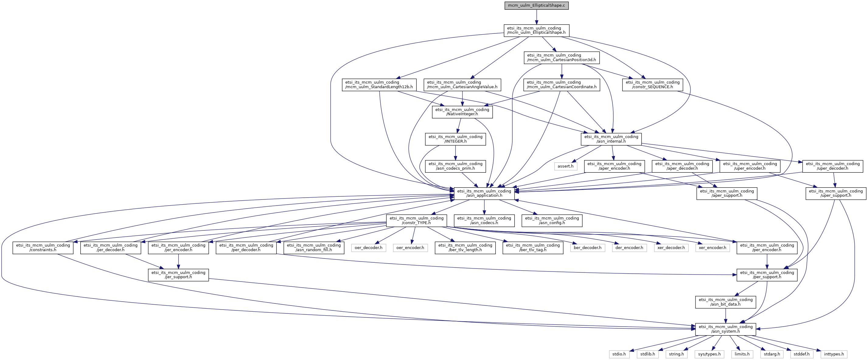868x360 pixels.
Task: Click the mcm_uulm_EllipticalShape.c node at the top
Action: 536,5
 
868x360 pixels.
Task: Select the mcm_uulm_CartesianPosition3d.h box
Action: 561,57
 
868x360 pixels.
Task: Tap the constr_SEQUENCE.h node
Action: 652,85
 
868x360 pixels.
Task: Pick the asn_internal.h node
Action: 611,139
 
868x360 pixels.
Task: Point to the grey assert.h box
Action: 565,166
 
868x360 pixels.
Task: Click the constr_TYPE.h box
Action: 417,220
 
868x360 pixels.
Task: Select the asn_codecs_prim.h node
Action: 455,166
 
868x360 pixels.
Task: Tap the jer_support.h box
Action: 178,275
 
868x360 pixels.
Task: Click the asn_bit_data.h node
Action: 726,302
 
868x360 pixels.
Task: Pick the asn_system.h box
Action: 726,329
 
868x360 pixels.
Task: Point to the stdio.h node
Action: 619,354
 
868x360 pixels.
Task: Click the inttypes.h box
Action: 834,354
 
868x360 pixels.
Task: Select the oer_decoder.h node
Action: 368,247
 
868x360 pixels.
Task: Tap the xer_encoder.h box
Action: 712,247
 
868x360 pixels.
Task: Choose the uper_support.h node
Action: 836,193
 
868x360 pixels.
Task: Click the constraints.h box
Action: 43,247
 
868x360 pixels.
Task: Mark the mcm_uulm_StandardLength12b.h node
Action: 379,85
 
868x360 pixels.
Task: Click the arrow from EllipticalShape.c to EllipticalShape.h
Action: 536,17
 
